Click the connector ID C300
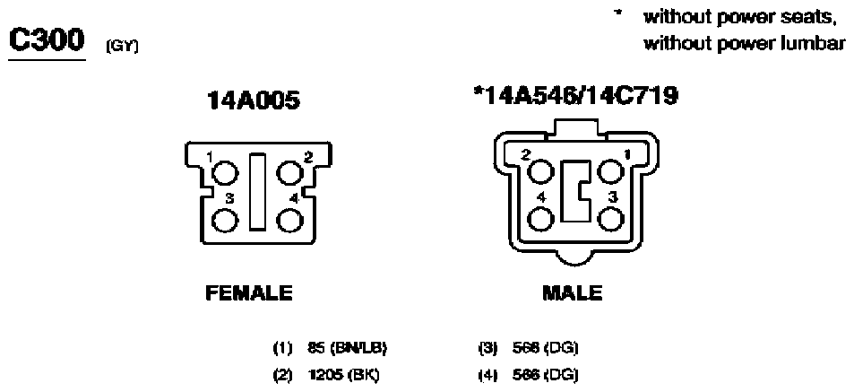(46, 39)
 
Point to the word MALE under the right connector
(573, 293)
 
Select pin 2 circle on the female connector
(289, 172)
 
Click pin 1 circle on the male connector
(611, 171)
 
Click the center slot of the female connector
(257, 191)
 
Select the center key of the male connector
(574, 191)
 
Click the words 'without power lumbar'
(743, 43)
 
